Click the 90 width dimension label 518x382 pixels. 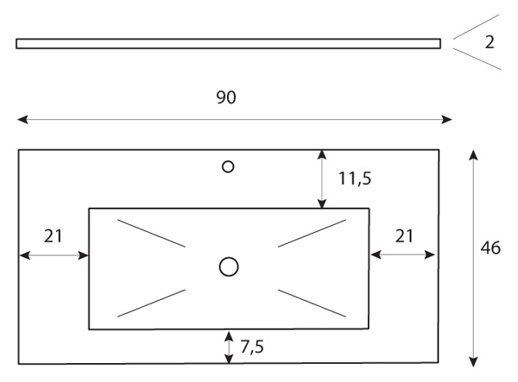226,97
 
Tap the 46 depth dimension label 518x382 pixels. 490,247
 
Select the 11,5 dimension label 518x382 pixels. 355,178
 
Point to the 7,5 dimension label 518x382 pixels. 252,347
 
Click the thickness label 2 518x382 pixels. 490,42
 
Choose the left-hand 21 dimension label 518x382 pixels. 53,236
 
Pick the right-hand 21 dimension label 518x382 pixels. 404,236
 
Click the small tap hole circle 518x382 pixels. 228,166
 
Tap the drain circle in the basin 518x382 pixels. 229,266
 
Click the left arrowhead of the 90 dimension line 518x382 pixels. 22,119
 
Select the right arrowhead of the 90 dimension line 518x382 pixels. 446,119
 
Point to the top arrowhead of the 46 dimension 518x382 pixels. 474,154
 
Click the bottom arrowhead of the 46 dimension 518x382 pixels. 474,362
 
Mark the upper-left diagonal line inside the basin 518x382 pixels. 151,233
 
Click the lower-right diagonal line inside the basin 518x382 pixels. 313,304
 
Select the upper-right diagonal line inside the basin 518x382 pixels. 313,233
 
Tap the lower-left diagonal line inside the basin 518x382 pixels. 151,304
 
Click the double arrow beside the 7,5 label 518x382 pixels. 229,348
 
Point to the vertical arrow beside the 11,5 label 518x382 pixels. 322,179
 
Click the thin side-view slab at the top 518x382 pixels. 228,43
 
